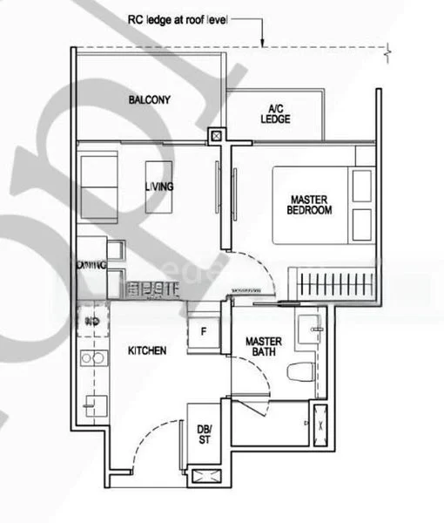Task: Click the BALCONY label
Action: point(149,100)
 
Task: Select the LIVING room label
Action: point(159,187)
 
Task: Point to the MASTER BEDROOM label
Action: point(310,205)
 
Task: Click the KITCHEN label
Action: point(147,350)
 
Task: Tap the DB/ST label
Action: point(206,433)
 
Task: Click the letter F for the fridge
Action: point(203,332)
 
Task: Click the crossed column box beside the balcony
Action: point(215,135)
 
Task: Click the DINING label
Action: point(91,264)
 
